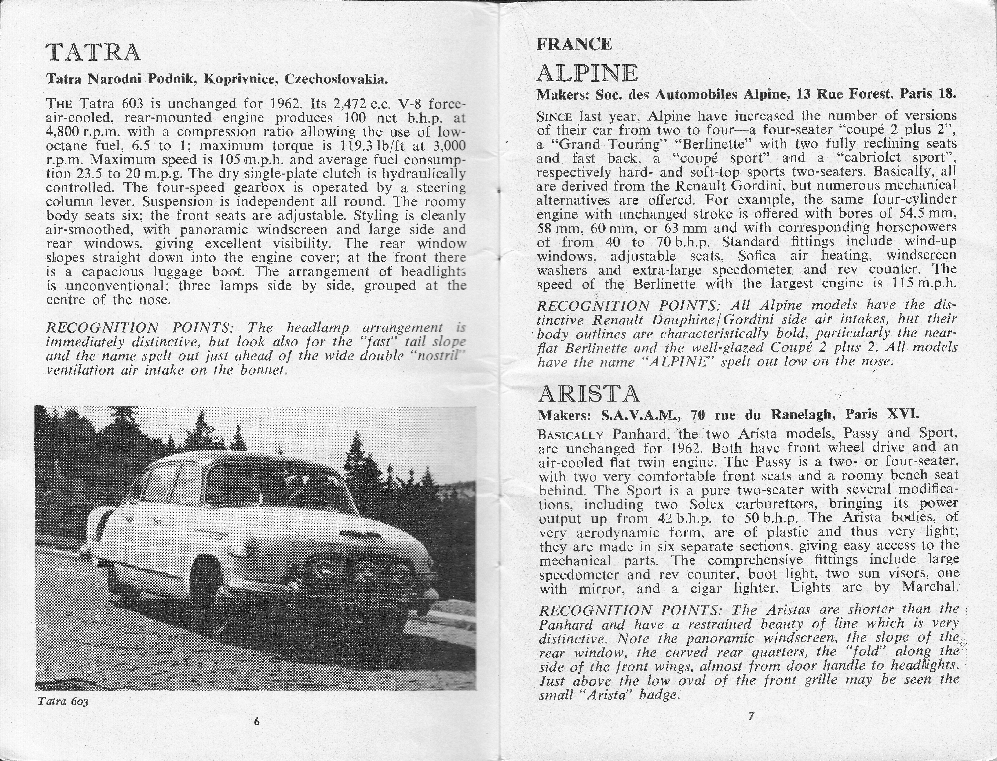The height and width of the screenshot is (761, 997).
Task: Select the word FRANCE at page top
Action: point(574,44)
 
